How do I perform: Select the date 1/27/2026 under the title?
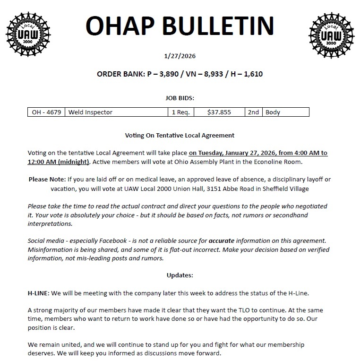[x=180, y=56]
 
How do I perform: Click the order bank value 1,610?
[x=253, y=74]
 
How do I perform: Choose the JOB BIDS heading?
[x=180, y=98]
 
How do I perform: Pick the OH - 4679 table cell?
[x=46, y=112]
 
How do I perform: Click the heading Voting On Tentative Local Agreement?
[x=180, y=136]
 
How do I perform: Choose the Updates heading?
[x=180, y=275]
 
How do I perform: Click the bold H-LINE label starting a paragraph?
[x=38, y=293]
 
